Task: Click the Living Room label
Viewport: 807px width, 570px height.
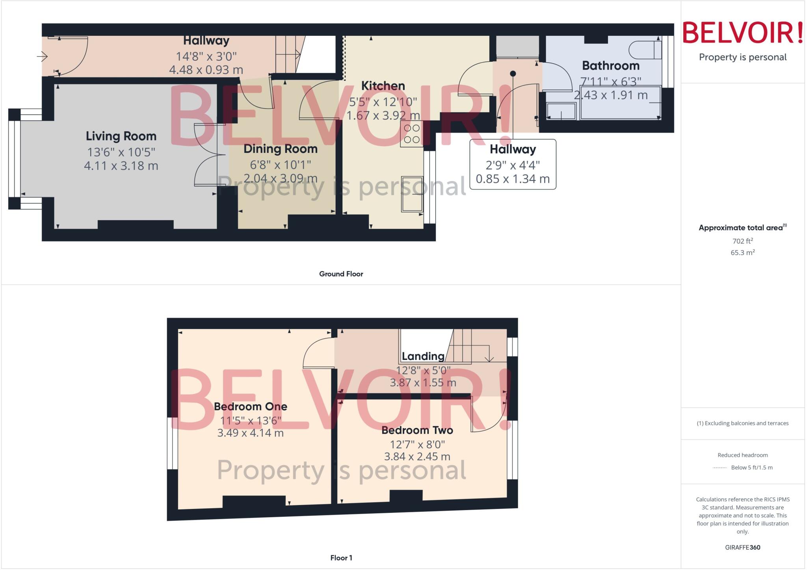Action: coord(121,136)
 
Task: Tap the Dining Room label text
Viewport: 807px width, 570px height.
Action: coord(280,149)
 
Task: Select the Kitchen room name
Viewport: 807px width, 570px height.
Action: coord(383,86)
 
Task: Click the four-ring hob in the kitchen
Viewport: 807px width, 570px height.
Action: coord(411,134)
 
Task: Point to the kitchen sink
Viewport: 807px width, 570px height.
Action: coord(412,194)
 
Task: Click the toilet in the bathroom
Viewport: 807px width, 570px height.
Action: coord(645,50)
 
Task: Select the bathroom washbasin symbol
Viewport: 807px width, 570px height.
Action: coord(561,111)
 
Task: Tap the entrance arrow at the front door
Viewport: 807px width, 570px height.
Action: coord(42,57)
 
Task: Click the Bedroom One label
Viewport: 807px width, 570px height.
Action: coord(250,407)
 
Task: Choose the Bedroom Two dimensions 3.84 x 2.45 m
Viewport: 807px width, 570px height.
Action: coord(417,457)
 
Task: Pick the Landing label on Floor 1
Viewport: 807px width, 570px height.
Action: coord(423,356)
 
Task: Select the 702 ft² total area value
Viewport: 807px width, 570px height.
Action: coord(742,241)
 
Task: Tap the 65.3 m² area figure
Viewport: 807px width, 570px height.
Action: coord(742,253)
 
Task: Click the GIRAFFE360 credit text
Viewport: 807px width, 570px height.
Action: coord(742,547)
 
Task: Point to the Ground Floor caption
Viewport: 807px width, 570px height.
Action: coord(341,274)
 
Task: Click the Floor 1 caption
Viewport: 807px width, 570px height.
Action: coord(341,558)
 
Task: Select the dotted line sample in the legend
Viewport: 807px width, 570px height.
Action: coord(720,468)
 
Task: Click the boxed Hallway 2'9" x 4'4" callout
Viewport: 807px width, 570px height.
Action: coord(513,164)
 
